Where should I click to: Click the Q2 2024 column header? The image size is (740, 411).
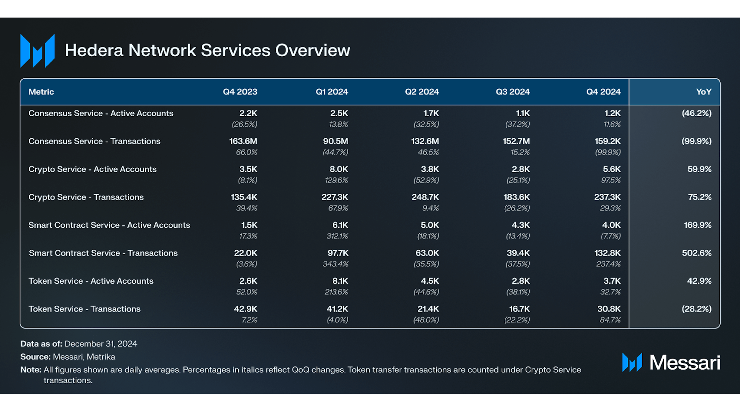coord(422,92)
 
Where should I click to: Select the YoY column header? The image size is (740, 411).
coord(704,92)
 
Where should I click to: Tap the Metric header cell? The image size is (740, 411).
coord(41,92)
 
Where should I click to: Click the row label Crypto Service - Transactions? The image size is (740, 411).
coord(86,197)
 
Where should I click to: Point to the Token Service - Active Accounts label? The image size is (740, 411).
coord(91,281)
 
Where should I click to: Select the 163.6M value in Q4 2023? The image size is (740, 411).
coord(243,141)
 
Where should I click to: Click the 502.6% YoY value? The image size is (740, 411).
coord(697,253)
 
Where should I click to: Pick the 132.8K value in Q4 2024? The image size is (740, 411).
coord(607,253)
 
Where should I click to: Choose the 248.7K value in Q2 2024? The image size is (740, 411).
coord(425,197)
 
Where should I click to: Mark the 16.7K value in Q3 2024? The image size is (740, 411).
coord(520,309)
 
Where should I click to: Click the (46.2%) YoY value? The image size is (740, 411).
coord(697,113)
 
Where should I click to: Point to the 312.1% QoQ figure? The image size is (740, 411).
coord(338,236)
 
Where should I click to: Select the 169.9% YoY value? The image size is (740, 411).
coord(698,225)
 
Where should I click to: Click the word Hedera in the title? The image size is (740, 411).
coord(94,50)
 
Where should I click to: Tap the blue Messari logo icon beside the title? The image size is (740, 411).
coord(38,50)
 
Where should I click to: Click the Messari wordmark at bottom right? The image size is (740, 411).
coord(685,363)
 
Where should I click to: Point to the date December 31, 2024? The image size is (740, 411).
coord(101,344)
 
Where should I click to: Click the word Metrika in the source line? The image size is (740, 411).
coord(101,357)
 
